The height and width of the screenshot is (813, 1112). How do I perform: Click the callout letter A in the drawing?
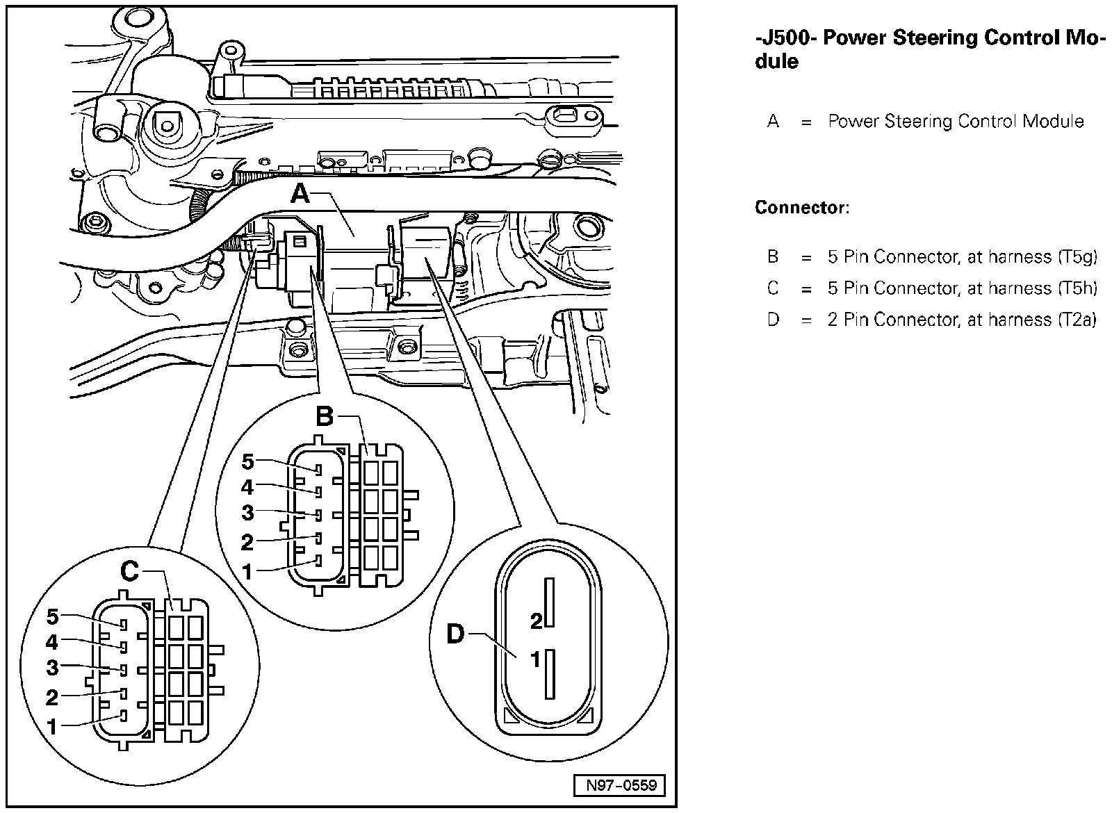[x=300, y=192]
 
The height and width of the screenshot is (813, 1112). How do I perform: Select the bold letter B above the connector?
[x=325, y=417]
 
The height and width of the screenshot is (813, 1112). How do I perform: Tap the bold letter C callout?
[x=129, y=572]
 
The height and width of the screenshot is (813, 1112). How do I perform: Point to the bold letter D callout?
[x=455, y=634]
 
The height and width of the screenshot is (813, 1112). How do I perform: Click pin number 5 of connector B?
[x=248, y=462]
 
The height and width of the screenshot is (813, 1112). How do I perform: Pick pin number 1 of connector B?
[x=247, y=571]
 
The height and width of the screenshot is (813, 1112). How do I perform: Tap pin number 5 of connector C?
[x=53, y=616]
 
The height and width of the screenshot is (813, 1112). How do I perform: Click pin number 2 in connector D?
[x=536, y=621]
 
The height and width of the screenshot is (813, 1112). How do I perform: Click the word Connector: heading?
[x=801, y=208]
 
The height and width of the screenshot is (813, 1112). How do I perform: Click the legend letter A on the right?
[x=773, y=122]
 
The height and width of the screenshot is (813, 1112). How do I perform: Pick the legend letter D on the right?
[x=773, y=320]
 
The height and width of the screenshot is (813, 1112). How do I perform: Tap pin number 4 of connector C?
[x=52, y=642]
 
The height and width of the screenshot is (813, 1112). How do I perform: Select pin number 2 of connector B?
[x=247, y=541]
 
